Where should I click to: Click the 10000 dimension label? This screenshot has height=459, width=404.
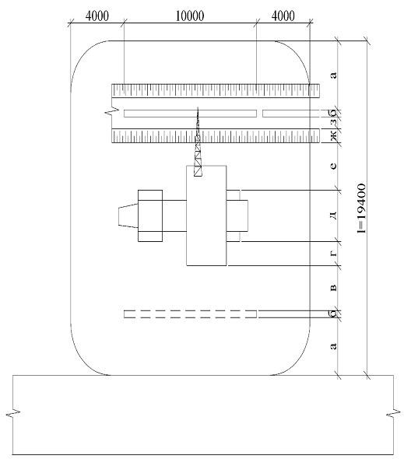point(190,16)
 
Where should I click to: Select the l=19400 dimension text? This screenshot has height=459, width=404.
point(362,208)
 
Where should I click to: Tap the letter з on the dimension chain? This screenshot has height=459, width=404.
point(334,123)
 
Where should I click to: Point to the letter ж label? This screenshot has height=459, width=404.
point(334,135)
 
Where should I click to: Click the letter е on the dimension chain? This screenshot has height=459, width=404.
point(334,166)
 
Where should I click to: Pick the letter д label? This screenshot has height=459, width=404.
point(334,215)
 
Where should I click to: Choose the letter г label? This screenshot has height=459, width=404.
point(334,254)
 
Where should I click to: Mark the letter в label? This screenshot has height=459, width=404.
point(334,288)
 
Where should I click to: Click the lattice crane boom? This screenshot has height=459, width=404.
point(198,142)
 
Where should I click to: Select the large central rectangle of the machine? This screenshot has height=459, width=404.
point(206,215)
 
